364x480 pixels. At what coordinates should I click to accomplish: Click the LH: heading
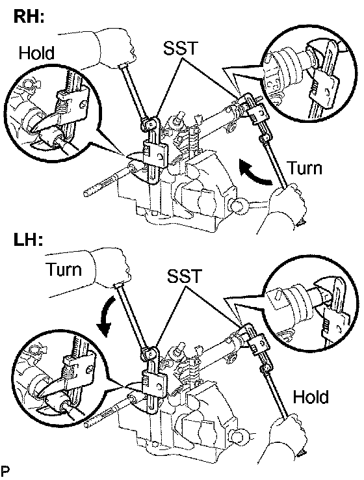click(x=28, y=240)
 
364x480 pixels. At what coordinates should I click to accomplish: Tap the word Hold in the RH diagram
click(x=36, y=53)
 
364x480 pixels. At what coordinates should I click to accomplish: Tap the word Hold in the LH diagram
click(x=311, y=397)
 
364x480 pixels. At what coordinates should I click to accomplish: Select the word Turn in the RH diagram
click(x=305, y=168)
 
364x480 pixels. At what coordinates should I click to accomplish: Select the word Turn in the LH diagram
click(x=64, y=270)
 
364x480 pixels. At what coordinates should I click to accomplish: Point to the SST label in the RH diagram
click(x=181, y=47)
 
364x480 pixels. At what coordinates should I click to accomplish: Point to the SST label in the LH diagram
click(x=185, y=276)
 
